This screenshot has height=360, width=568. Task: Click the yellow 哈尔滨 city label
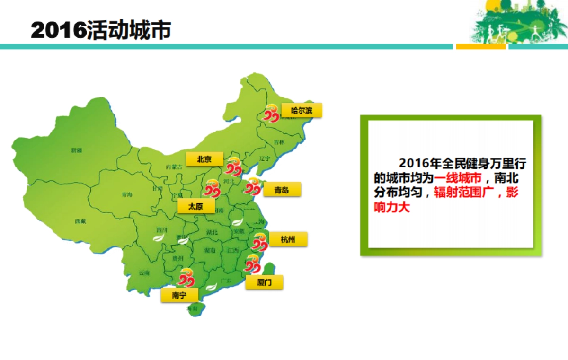click(x=302, y=111)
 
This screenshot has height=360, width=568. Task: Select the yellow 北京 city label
click(x=204, y=159)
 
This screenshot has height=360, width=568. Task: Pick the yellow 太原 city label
click(x=195, y=206)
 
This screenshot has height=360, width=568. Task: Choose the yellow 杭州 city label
click(x=288, y=239)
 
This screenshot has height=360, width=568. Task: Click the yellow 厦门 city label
click(x=264, y=282)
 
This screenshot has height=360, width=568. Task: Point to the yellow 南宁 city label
click(x=179, y=295)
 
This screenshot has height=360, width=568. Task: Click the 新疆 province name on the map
click(x=77, y=150)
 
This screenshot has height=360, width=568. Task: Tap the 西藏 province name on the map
click(x=80, y=221)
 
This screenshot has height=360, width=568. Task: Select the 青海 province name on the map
click(x=126, y=194)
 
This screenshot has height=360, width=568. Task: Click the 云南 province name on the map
click(x=144, y=273)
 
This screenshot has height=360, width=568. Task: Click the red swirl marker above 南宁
click(x=185, y=277)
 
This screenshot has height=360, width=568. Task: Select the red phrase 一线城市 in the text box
click(x=458, y=178)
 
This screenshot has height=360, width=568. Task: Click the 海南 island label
click(x=192, y=309)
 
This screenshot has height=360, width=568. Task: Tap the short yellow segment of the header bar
click(x=480, y=46)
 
